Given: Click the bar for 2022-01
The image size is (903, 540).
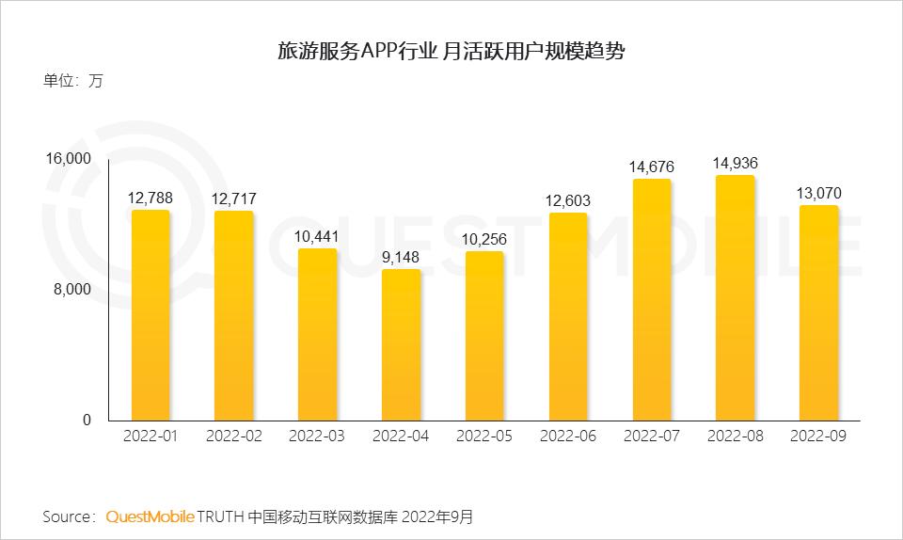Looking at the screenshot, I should coord(150,315).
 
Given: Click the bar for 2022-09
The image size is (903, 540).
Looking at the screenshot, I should coord(818,312).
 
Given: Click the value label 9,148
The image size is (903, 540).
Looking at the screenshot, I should coord(401,255).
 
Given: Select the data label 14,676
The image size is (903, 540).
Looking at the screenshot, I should coord(651,167).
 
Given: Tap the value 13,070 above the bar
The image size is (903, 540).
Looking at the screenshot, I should coord(818,193).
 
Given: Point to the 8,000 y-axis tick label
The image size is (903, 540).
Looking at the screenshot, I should coord(72,289).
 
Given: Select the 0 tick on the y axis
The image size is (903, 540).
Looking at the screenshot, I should coord(87,420).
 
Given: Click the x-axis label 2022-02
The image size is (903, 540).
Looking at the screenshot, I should coord(234,437).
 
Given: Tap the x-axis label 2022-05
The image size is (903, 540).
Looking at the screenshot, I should coord(484,437).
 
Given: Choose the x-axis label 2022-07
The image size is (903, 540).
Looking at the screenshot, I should coord(651,437).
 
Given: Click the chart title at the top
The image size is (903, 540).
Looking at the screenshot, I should coord(451,51).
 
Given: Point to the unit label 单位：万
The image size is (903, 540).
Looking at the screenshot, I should coord(72,81).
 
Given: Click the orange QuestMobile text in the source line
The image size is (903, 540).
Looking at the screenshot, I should coord(150,516).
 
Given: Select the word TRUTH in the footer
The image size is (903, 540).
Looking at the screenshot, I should coord(220,516).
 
